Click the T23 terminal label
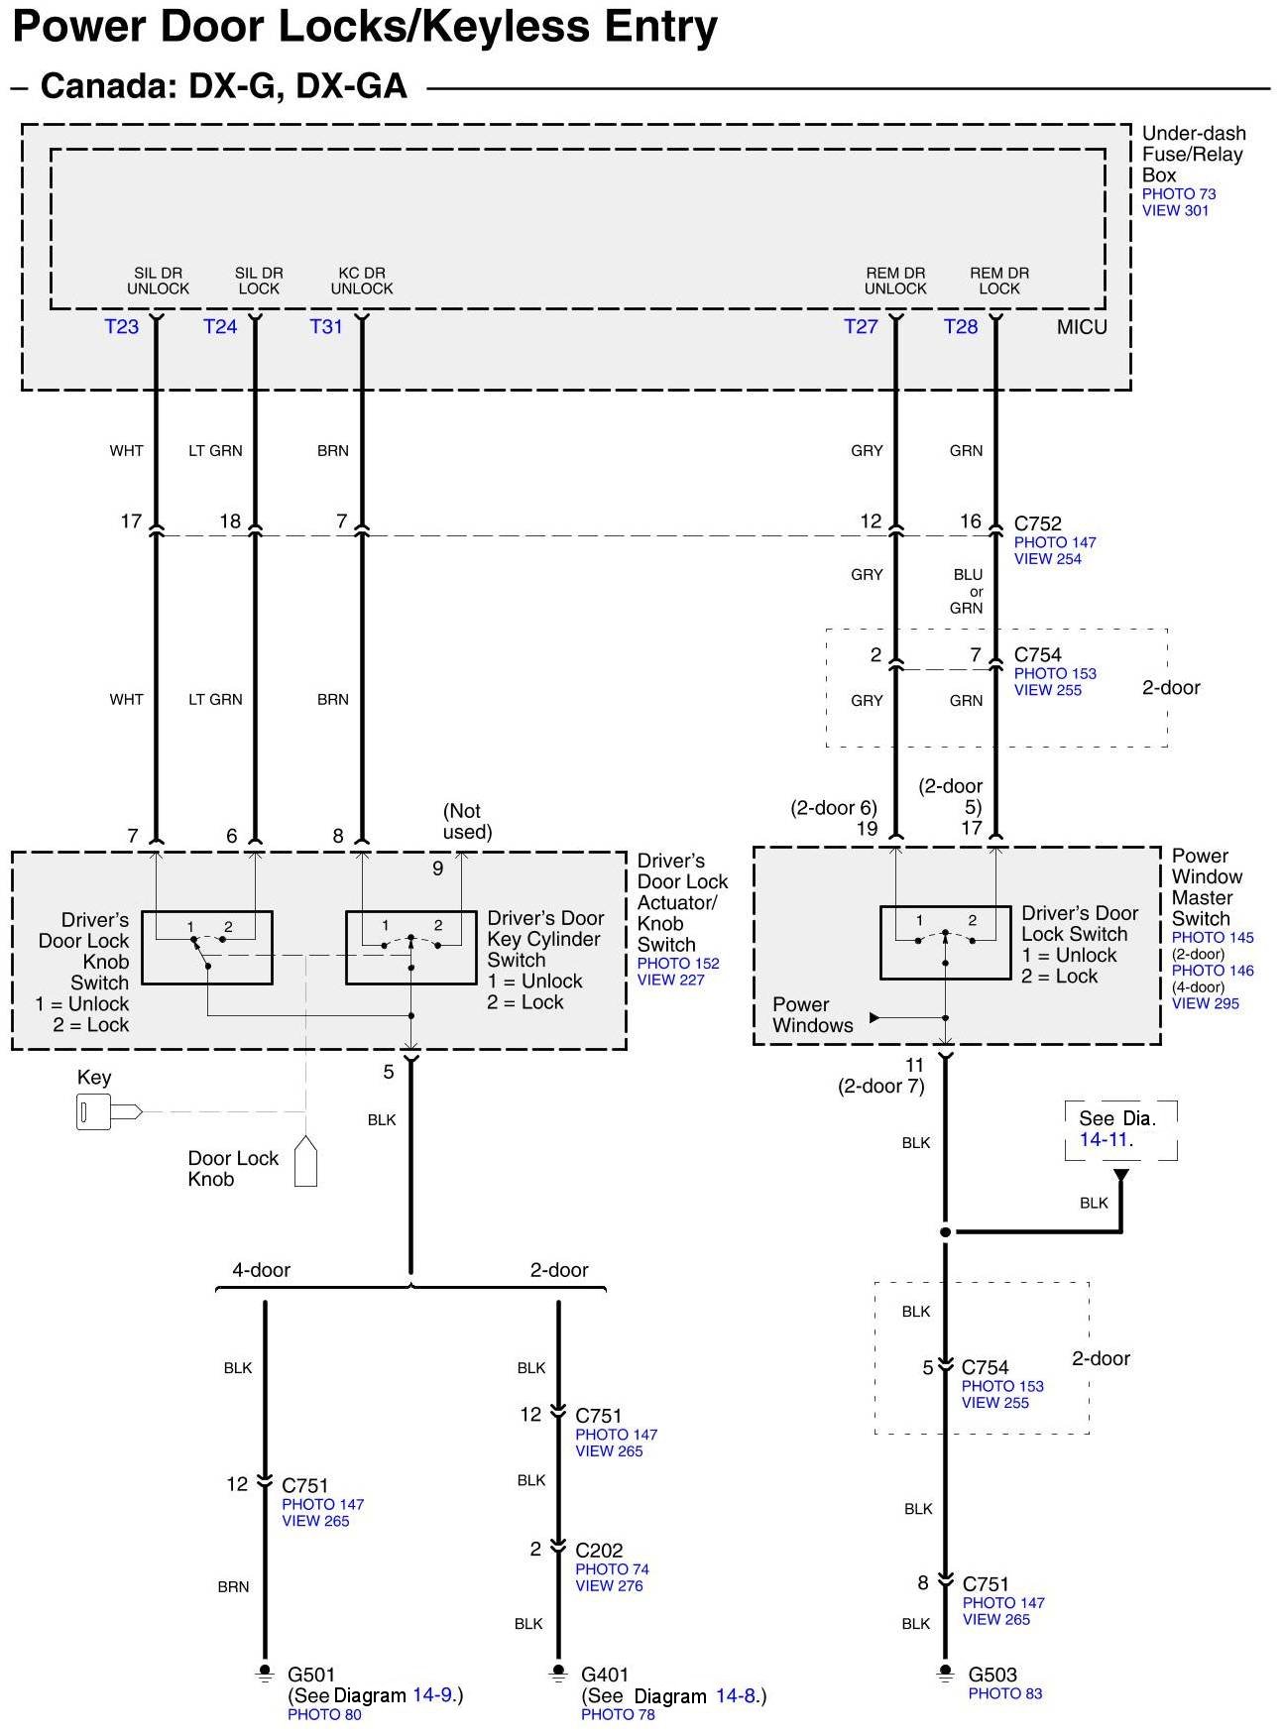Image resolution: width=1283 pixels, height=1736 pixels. pyautogui.click(x=122, y=327)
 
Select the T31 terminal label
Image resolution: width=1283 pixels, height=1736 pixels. pyautogui.click(x=326, y=327)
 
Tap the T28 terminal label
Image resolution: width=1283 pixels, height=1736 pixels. pyautogui.click(x=961, y=327)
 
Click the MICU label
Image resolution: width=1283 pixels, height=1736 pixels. pyautogui.click(x=1082, y=327)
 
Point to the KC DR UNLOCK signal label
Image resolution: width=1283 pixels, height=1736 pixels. pyautogui.click(x=362, y=281)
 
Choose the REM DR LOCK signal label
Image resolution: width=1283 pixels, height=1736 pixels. pyautogui.click(x=999, y=281)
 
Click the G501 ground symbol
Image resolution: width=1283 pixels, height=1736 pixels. pyautogui.click(x=265, y=1675)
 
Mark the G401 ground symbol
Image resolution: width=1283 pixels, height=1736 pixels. pyautogui.click(x=558, y=1675)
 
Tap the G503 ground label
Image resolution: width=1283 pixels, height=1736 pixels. pyautogui.click(x=992, y=1676)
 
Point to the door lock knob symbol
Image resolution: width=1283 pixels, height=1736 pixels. pyautogui.click(x=306, y=1162)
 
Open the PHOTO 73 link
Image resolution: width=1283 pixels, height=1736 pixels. pyautogui.click(x=1179, y=194)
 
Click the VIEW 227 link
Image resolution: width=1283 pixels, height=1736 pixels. pyautogui.click(x=670, y=980)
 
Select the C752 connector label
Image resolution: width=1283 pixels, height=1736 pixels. pyautogui.click(x=1038, y=523)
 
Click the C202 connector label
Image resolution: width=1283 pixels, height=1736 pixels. pyautogui.click(x=599, y=1551)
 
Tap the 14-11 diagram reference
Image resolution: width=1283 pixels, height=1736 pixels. pyautogui.click(x=1106, y=1140)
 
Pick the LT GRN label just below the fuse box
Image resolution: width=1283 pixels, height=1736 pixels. pyautogui.click(x=215, y=451)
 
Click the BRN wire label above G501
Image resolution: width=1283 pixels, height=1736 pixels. pyautogui.click(x=234, y=1587)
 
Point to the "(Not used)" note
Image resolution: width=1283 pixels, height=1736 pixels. pyautogui.click(x=467, y=822)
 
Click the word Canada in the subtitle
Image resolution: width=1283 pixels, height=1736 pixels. pyautogui.click(x=104, y=86)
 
